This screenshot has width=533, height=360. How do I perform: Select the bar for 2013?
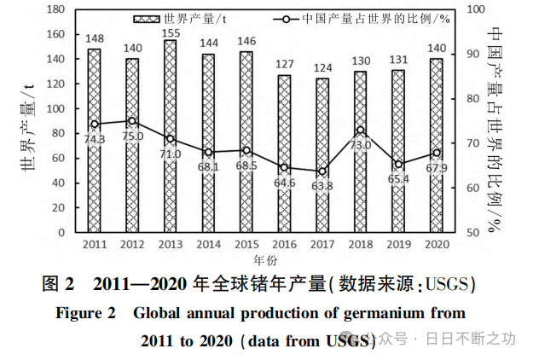click(x=171, y=136)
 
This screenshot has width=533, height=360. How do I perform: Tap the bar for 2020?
click(x=437, y=145)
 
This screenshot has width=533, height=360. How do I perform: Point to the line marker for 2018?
click(x=361, y=131)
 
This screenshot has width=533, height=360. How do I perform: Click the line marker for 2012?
click(x=132, y=121)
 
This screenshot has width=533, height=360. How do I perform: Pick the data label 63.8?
click(x=322, y=185)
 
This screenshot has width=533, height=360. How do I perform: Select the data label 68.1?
click(x=208, y=167)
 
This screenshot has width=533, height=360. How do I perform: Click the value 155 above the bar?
click(x=171, y=34)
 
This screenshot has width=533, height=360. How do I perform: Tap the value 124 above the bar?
click(x=322, y=67)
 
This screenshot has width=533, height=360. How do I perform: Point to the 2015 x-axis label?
click(x=246, y=244)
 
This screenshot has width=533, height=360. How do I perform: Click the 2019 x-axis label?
click(x=398, y=244)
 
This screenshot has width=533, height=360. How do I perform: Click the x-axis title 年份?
click(x=265, y=258)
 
